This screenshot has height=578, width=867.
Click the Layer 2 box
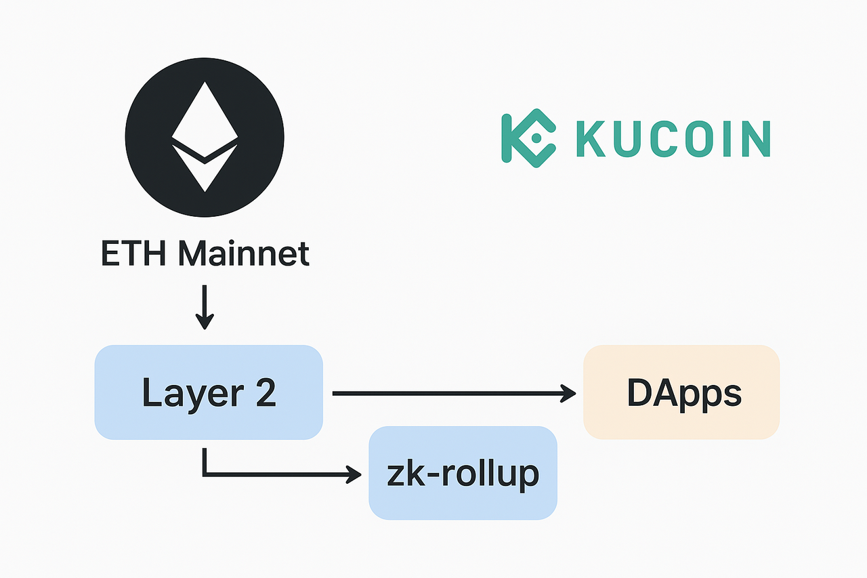209,392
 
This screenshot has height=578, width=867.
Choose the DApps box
681,392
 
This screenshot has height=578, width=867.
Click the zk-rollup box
463,473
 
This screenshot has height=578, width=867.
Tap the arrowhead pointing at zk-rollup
354,474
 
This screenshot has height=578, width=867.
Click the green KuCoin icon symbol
528,138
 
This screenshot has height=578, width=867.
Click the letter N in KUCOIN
755,139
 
